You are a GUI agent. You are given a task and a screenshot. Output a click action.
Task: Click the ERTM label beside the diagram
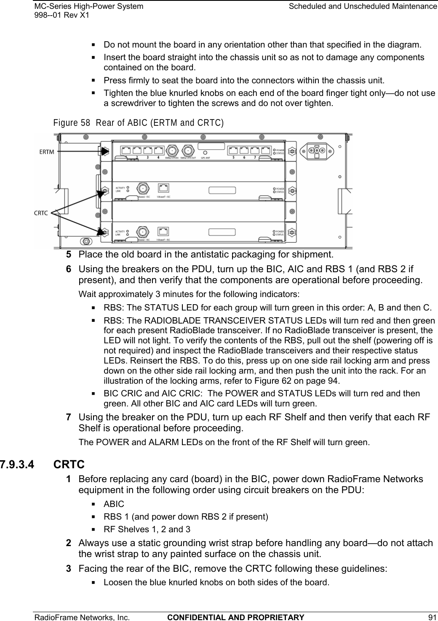47,151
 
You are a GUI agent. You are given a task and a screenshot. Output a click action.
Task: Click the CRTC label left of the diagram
41,212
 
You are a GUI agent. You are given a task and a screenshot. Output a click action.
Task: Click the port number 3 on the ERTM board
147,157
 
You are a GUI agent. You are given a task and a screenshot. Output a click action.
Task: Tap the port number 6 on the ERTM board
245,157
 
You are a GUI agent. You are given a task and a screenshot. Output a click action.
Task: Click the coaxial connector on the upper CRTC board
143,188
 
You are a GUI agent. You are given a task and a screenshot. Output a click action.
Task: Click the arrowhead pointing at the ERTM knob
105,150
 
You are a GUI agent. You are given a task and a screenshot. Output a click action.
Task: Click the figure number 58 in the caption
85,123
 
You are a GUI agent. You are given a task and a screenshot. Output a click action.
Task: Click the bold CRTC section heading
69,465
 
